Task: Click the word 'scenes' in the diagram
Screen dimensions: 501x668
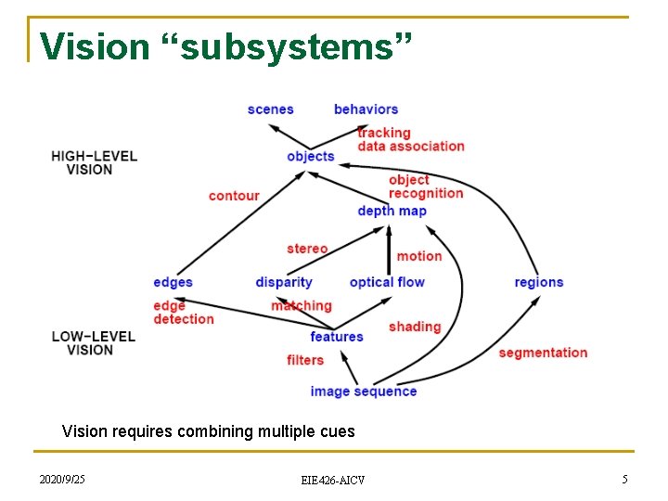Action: [270, 109]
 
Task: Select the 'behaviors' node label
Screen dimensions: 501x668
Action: [366, 109]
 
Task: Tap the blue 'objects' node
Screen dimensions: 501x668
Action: [310, 156]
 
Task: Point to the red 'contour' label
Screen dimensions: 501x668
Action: [234, 196]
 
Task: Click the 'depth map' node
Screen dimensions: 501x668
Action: [392, 211]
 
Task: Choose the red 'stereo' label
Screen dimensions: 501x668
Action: [307, 249]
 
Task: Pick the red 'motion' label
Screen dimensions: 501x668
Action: [419, 256]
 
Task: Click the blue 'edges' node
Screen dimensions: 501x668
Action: [173, 282]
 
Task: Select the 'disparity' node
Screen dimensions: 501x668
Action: [284, 282]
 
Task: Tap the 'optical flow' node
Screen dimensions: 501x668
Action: [387, 282]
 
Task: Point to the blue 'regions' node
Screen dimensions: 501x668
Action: [539, 282]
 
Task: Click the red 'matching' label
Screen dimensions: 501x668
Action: [302, 306]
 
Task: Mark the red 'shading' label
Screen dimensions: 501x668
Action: [415, 327]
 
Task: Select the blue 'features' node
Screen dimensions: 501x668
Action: [337, 337]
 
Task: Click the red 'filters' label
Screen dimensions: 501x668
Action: [305, 360]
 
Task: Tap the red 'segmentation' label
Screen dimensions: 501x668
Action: [543, 353]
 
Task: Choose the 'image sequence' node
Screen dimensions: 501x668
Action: [364, 392]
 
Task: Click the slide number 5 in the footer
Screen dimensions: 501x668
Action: [624, 479]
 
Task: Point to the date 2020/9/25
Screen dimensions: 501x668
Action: [62, 479]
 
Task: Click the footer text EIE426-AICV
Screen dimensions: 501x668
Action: [333, 480]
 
